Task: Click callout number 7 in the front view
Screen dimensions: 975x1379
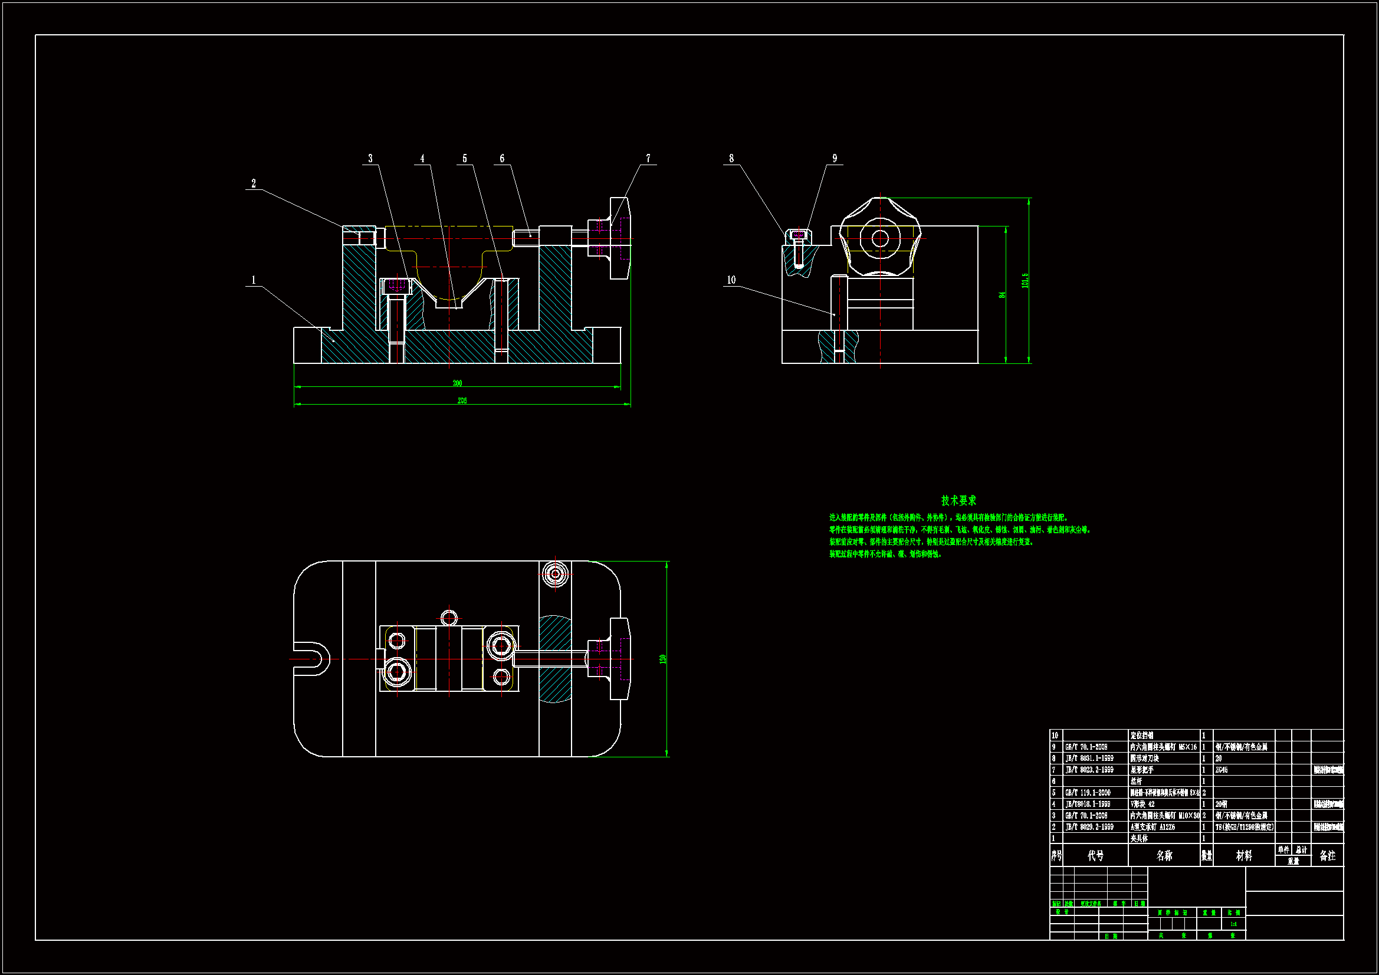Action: tap(648, 159)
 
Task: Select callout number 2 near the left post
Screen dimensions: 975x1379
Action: tap(254, 184)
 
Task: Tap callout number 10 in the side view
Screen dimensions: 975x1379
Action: tap(731, 280)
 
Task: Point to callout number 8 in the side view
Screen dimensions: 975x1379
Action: tap(731, 159)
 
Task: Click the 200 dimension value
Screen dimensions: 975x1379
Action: tap(457, 383)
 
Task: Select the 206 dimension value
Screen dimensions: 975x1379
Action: tap(462, 400)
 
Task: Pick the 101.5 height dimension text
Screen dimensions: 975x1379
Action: tap(1025, 281)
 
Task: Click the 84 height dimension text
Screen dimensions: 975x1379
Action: tap(1002, 295)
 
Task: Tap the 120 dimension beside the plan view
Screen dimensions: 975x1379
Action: tap(663, 659)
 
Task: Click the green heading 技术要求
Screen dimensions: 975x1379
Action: tap(958, 500)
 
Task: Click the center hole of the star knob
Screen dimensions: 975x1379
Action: tap(880, 238)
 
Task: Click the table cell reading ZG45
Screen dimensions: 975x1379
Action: tap(1222, 770)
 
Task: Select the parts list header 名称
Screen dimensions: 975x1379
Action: tap(1164, 856)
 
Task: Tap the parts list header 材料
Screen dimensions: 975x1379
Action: tap(1244, 856)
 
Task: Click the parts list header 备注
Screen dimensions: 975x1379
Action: tap(1327, 856)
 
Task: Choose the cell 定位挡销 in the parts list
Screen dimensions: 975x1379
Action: tap(1142, 736)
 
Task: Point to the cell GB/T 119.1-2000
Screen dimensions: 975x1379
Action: tap(1088, 793)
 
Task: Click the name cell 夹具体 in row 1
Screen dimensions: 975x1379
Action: tap(1139, 839)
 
